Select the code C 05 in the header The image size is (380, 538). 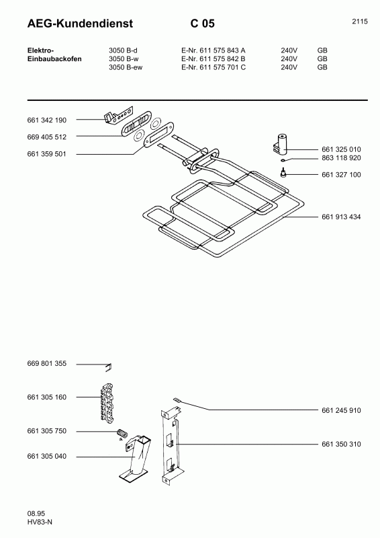point(202,24)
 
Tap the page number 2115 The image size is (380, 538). point(359,22)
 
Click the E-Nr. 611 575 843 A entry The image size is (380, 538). point(213,50)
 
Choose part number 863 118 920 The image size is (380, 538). point(341,159)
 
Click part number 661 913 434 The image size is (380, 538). point(341,217)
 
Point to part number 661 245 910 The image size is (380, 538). point(341,410)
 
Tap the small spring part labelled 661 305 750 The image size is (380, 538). point(122,432)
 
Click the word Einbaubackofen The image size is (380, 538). point(54,59)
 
